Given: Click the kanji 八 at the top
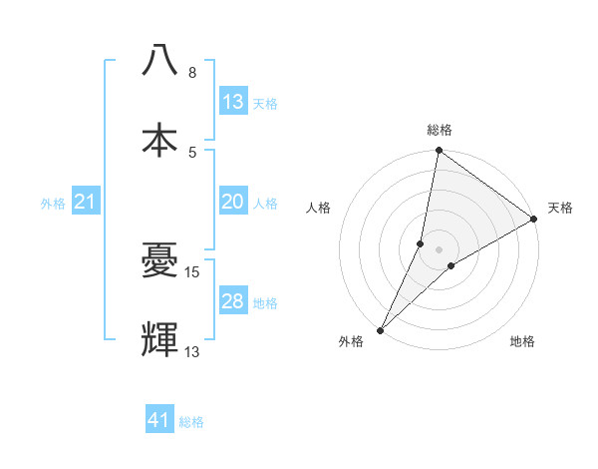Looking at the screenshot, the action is tap(160, 60).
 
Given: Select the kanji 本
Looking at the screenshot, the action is tap(160, 140).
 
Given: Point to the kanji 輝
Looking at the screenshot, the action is tap(160, 339).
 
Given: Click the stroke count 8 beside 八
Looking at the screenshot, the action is tap(192, 73).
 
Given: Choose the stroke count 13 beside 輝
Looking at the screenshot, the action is tap(192, 351).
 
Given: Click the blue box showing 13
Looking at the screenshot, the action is tap(233, 102).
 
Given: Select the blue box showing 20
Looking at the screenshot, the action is tap(233, 202).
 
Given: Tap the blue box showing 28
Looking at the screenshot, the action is tap(233, 301).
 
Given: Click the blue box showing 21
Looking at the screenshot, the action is tap(86, 203).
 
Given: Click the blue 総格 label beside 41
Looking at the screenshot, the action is tap(191, 422).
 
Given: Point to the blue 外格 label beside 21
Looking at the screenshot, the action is tap(53, 204).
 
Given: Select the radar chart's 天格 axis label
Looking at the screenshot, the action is tap(560, 208).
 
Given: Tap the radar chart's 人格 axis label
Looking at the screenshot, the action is tap(319, 208).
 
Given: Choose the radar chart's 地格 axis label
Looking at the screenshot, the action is tap(522, 342).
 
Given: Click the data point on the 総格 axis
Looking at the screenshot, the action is tap(440, 152).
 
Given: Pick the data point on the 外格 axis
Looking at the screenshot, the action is tap(380, 329).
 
